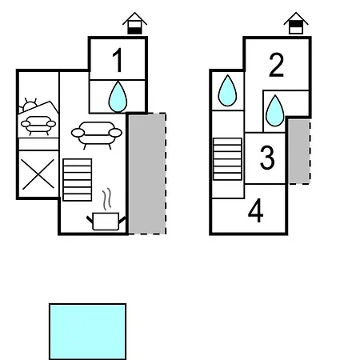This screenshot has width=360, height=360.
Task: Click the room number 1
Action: click(118, 60)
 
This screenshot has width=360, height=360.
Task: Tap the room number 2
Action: click(276, 65)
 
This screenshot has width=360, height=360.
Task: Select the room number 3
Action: click(267, 158)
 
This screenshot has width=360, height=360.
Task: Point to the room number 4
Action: click(256, 210)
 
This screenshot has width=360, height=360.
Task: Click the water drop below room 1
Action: click(118, 97)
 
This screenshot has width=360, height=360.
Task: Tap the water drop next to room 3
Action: click(275, 110)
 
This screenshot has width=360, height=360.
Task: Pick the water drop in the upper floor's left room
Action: click(227, 90)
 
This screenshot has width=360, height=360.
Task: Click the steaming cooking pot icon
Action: click(106, 221)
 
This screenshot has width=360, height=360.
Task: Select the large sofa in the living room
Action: click(97, 135)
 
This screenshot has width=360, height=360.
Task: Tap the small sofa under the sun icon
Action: click(38, 126)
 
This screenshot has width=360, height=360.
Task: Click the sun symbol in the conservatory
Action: click(28, 106)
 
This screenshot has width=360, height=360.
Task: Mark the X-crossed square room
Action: click(38, 174)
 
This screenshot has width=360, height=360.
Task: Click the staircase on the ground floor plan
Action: click(78, 180)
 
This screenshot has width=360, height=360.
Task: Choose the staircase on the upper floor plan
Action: click(227, 159)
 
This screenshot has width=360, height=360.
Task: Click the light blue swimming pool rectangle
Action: click(87, 331)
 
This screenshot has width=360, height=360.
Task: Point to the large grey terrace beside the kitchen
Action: click(147, 174)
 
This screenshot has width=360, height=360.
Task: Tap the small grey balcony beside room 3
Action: click(299, 151)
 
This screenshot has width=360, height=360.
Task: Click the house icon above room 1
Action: click(134, 23)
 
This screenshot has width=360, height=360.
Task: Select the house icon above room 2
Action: click(296, 23)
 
